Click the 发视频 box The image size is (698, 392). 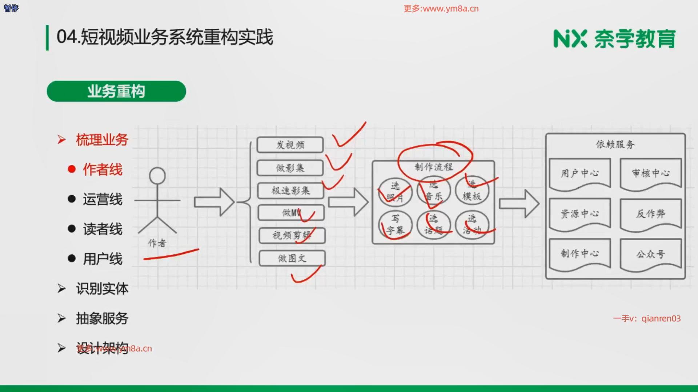(x=290, y=145)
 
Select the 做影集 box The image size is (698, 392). (x=290, y=168)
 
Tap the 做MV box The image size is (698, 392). (x=291, y=213)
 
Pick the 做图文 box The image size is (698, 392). (x=292, y=258)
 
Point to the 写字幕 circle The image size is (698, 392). (x=395, y=225)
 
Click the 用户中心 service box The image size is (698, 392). (x=579, y=173)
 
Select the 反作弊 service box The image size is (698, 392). (x=650, y=214)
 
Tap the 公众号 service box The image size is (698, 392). (x=650, y=254)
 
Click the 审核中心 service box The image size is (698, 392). (x=650, y=173)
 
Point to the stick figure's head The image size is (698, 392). (x=157, y=176)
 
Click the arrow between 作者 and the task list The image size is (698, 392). (x=214, y=202)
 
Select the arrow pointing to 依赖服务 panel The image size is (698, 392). (x=519, y=204)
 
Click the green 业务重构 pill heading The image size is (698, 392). (x=116, y=91)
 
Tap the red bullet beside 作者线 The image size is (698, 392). (x=72, y=170)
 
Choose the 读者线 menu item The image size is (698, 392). (x=103, y=229)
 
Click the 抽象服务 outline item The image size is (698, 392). (x=102, y=318)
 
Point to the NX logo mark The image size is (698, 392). (x=570, y=38)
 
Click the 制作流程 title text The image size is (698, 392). (x=433, y=167)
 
